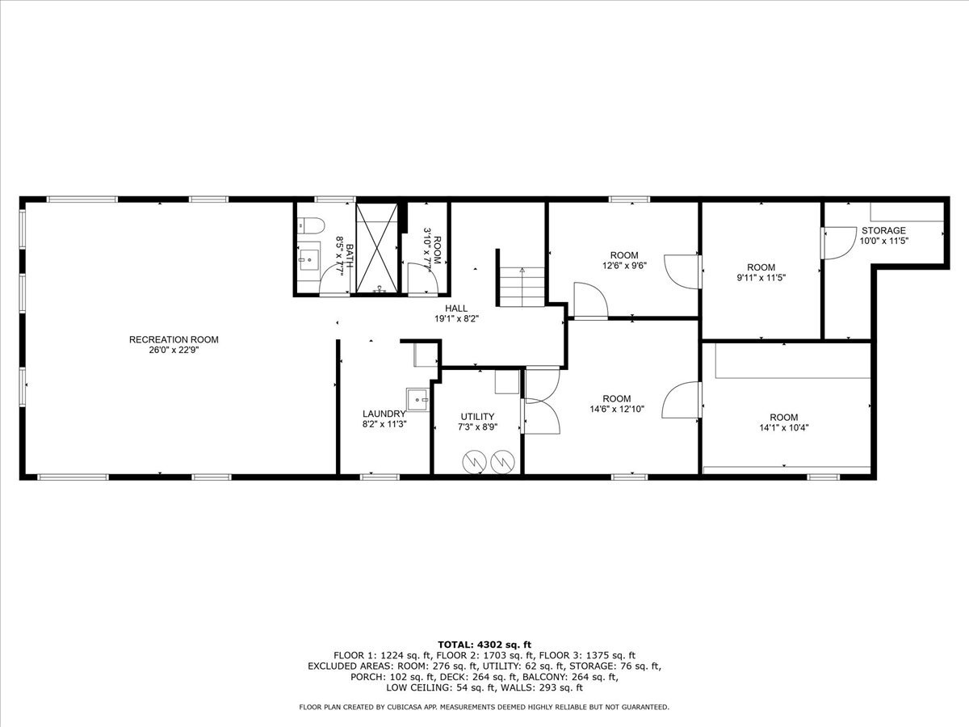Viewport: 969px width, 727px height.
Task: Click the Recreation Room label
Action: pos(174,339)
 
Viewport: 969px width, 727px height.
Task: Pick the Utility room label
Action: pos(477,417)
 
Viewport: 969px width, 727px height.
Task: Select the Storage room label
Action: pos(883,230)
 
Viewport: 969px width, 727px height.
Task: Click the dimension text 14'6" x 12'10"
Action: pos(617,409)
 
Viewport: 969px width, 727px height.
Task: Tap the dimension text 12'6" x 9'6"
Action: pos(624,266)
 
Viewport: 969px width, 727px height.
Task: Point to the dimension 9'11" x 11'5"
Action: pos(761,278)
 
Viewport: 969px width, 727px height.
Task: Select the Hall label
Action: pos(456,308)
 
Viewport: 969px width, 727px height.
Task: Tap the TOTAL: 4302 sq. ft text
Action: pos(484,644)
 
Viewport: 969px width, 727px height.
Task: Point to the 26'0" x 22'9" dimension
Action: pos(174,351)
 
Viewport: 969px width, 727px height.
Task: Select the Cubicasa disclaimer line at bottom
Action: pos(484,707)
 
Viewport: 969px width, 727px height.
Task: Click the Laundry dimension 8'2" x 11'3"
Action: pos(384,423)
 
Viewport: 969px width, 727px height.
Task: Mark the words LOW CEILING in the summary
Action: pos(417,688)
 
